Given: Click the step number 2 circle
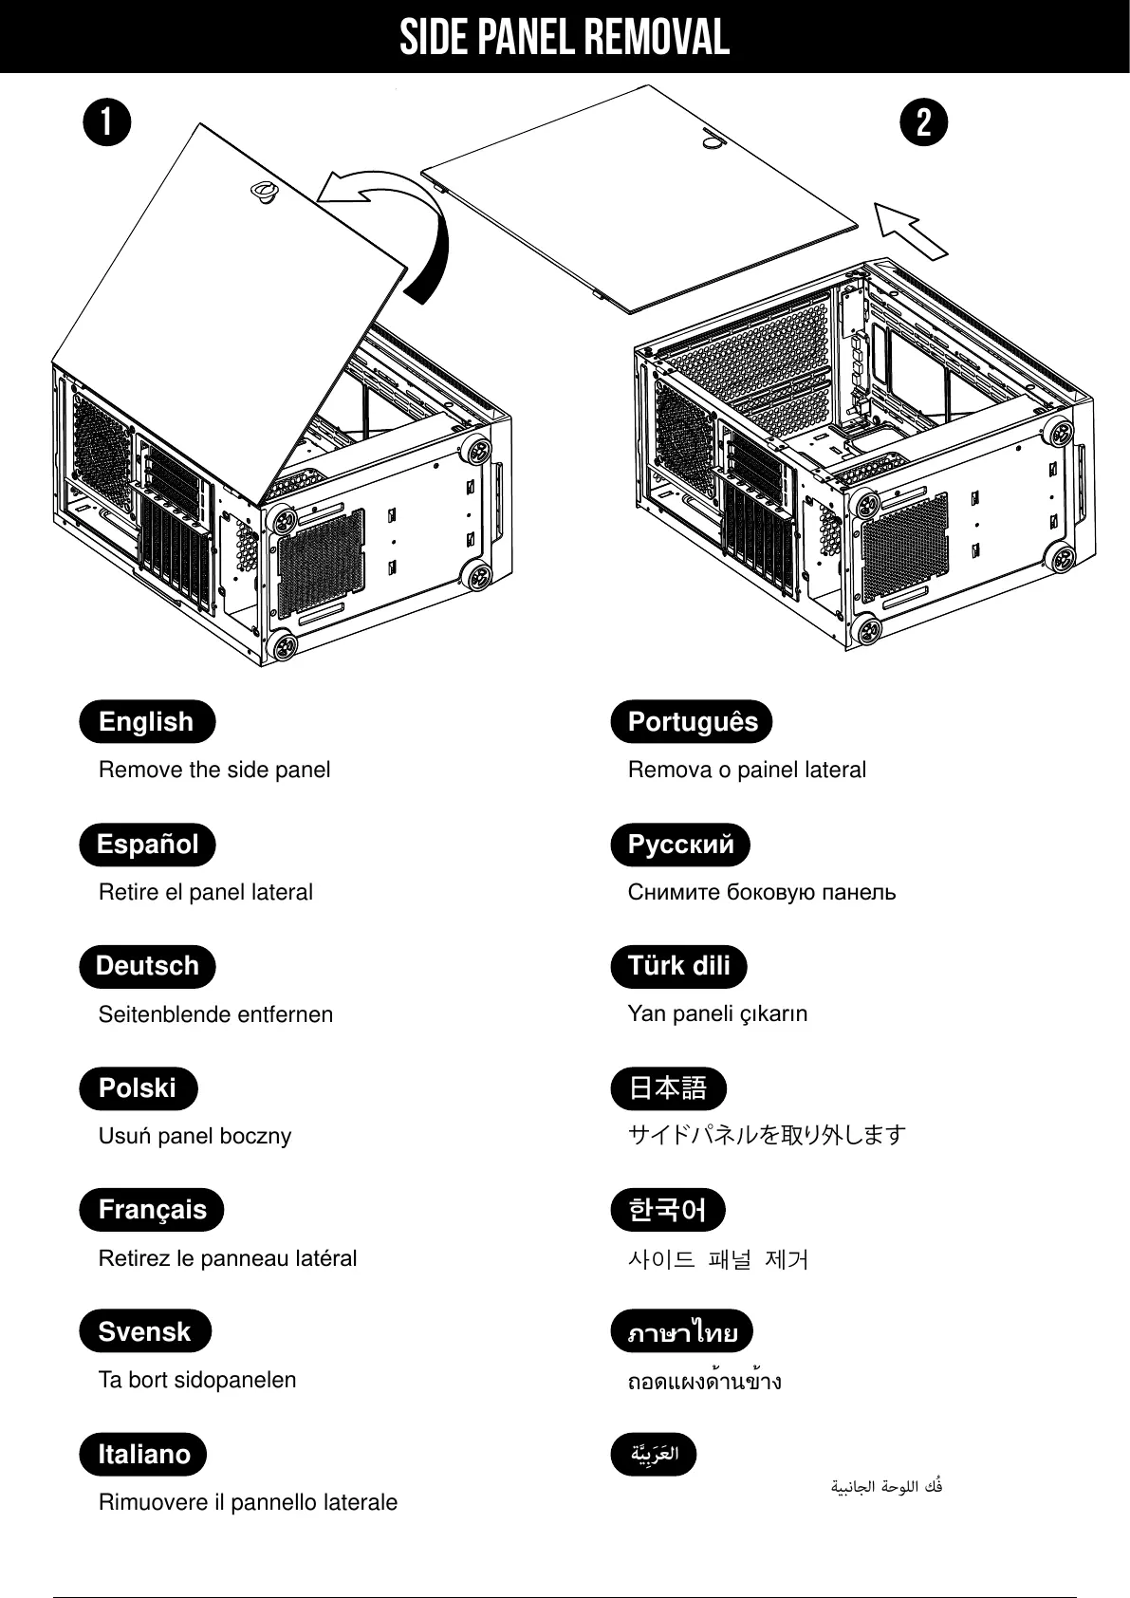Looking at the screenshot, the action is [924, 123].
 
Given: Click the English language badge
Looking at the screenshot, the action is [147, 722].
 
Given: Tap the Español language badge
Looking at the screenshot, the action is [147, 845].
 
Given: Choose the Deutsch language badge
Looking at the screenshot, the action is [147, 966].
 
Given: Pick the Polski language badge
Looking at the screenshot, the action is [138, 1088].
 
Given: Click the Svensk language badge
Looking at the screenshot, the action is [144, 1332].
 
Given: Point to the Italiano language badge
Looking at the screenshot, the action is [143, 1455].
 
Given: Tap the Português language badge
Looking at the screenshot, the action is [692, 722].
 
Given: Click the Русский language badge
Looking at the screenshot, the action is [680, 845].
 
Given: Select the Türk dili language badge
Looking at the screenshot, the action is [678, 966].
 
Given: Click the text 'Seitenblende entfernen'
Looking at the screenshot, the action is [215, 1014].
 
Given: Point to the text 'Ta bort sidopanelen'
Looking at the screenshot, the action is [197, 1380].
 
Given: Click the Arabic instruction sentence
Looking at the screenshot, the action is [886, 1487].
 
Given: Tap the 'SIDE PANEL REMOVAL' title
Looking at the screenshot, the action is [565, 38].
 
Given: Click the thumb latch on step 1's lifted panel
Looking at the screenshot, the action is [263, 191].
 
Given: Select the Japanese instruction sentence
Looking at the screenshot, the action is [767, 1135].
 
